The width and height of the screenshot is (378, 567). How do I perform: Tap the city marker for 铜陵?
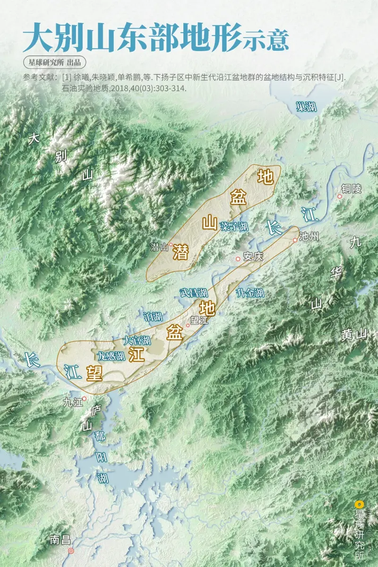[339, 196]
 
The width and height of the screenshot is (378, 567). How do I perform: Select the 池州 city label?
[310, 237]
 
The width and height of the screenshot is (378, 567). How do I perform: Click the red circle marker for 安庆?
[238, 259]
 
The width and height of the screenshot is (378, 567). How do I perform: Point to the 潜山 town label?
[159, 246]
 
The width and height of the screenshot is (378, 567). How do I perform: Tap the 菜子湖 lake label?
[233, 226]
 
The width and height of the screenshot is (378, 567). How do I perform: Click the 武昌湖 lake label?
[193, 293]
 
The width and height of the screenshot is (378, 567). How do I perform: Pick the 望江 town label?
[199, 320]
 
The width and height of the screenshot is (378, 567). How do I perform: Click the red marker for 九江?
[85, 398]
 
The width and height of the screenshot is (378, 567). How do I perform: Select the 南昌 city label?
[60, 540]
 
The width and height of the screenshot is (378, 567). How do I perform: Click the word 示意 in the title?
[266, 40]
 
